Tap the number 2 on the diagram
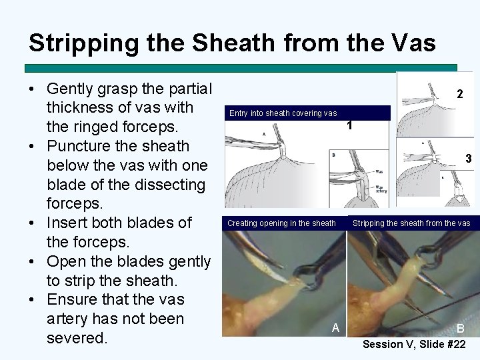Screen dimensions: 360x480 [459, 95]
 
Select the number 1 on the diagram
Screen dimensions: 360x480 [349, 126]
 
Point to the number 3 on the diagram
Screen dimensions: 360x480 [469, 159]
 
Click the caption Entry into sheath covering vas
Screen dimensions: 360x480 [283, 113]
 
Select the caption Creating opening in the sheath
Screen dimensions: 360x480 [281, 223]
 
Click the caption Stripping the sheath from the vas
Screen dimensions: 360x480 [411, 223]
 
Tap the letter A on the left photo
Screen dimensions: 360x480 [336, 327]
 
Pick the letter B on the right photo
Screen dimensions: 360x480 [461, 329]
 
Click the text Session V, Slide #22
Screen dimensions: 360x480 [413, 344]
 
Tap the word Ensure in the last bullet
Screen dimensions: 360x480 [75, 299]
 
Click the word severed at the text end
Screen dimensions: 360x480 [77, 338]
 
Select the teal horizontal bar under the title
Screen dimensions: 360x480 [240, 68]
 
